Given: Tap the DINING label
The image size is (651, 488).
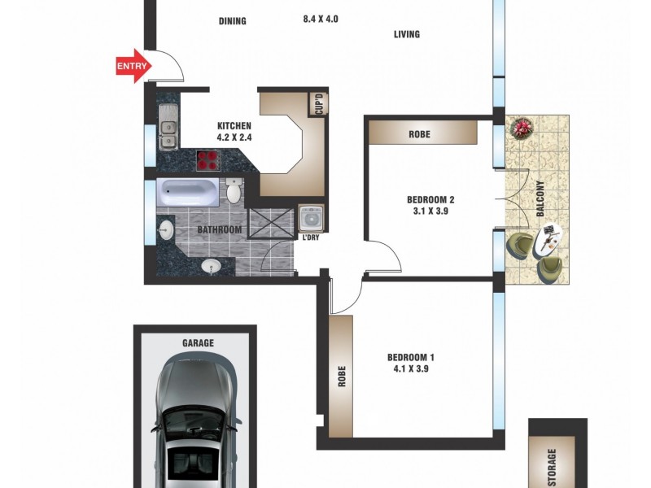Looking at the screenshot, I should [232, 21].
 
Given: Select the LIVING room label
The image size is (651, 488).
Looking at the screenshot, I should [407, 34].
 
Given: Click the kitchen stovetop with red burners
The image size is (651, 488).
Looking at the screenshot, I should [211, 160].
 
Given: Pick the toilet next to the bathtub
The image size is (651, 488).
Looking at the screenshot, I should [234, 193].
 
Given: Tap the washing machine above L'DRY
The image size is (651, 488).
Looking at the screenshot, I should [311, 219].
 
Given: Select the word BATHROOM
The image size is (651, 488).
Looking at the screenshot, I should [220, 230].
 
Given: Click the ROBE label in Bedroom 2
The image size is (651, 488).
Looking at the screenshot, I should [420, 134].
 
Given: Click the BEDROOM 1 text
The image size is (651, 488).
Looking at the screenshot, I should [412, 357].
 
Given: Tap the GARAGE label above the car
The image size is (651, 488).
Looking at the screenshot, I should [197, 343].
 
